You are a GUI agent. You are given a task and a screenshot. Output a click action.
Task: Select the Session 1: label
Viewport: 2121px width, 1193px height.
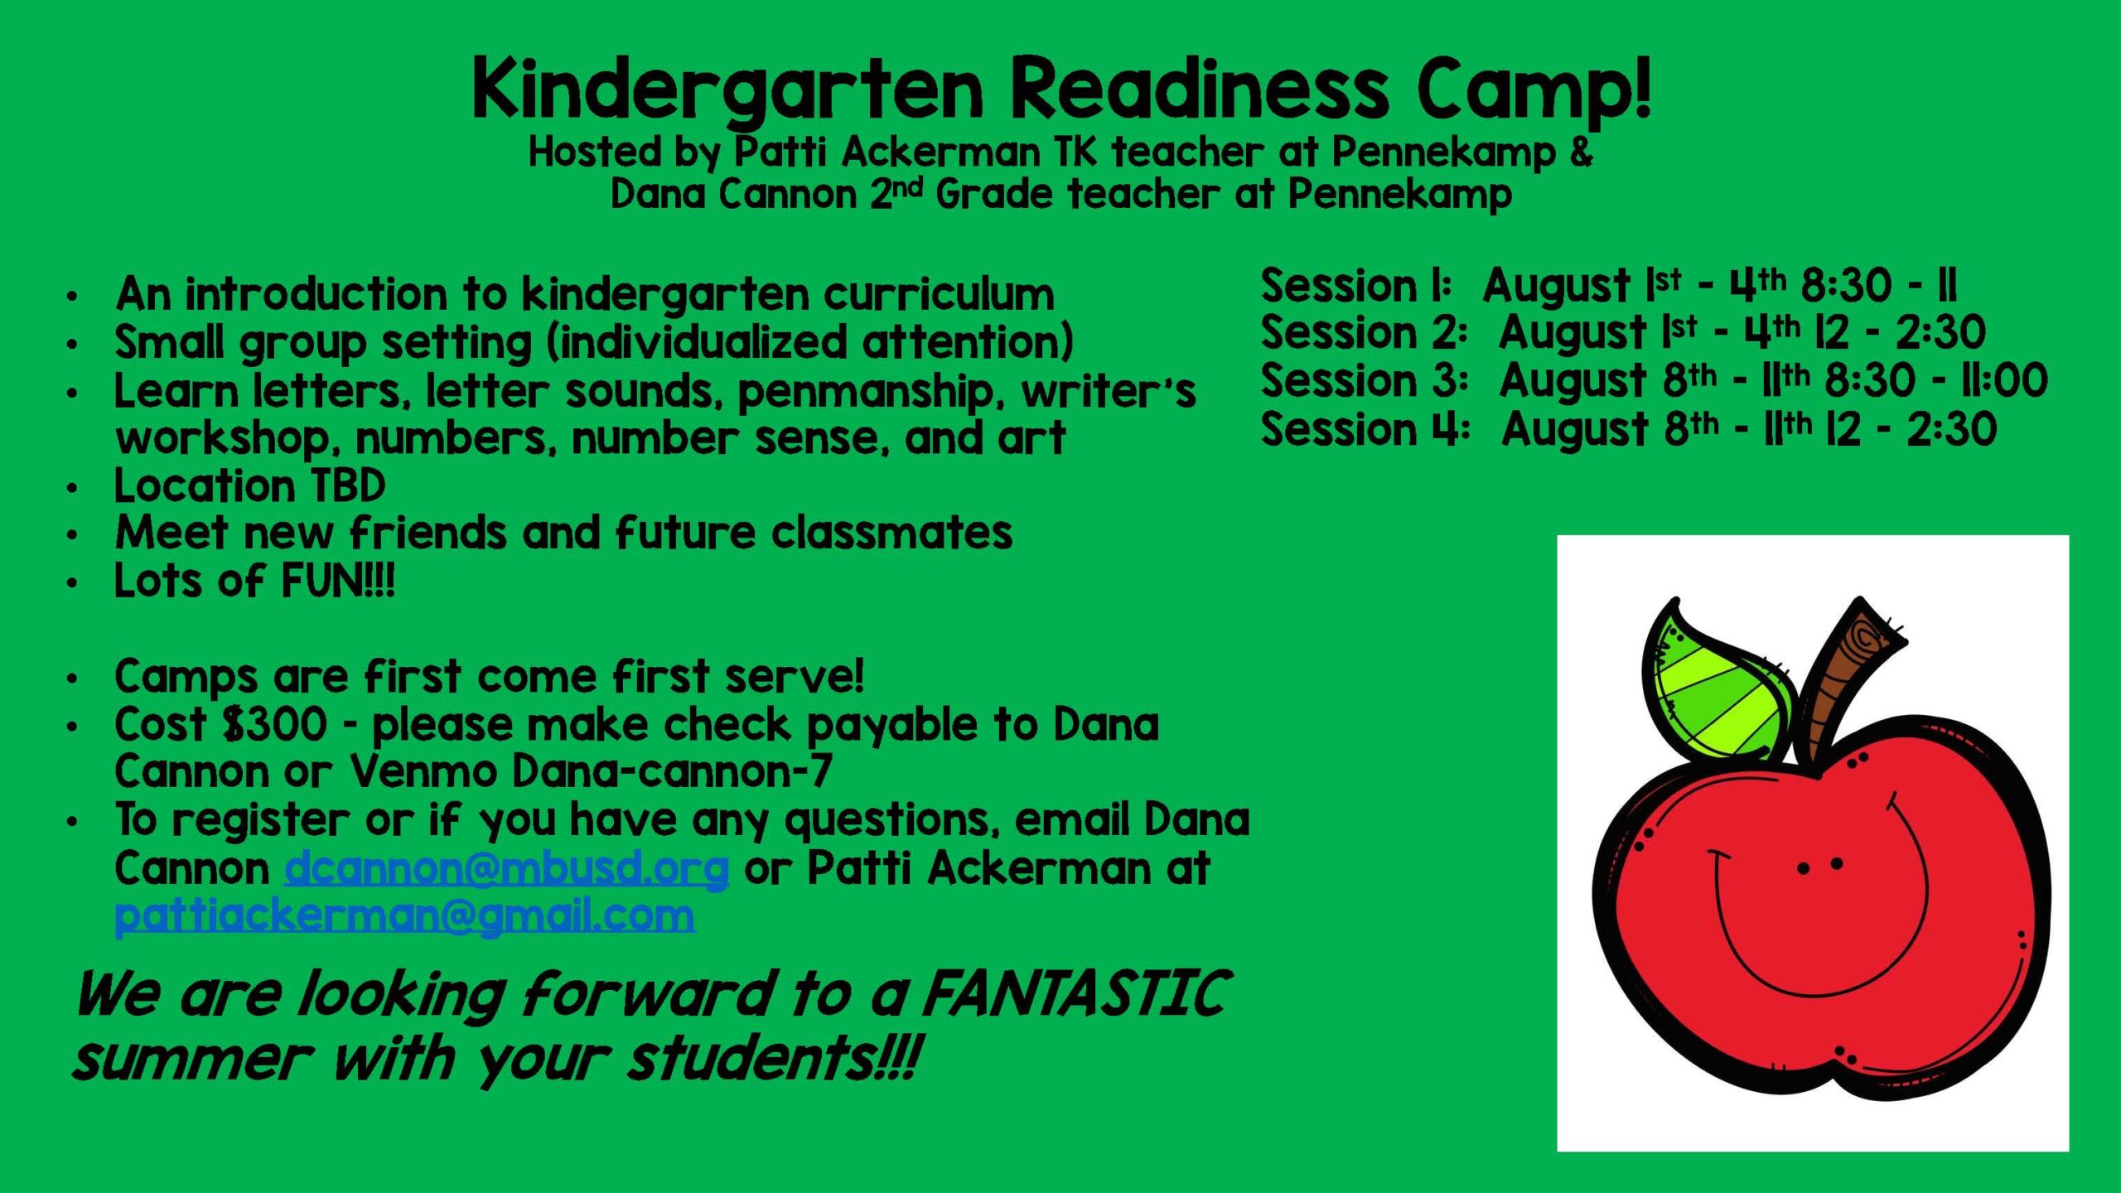pos(1355,286)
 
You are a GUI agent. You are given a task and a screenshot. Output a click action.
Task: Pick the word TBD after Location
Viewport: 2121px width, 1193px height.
pos(348,485)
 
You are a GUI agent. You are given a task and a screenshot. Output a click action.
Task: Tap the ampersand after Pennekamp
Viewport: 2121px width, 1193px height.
pos(1581,152)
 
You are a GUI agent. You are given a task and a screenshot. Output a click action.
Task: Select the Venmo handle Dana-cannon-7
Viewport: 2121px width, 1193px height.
pos(672,772)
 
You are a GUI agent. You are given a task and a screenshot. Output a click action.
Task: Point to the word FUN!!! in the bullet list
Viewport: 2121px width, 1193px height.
pos(337,581)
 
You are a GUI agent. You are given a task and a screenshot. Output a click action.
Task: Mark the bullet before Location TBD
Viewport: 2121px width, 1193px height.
pos(73,488)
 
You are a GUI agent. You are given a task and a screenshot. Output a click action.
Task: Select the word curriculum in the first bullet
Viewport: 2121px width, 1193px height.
pos(939,295)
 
